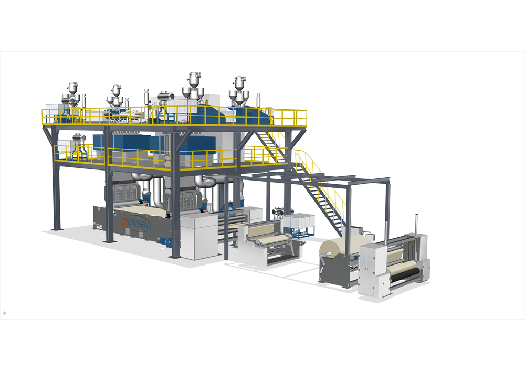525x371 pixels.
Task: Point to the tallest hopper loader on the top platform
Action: click(x=194, y=87)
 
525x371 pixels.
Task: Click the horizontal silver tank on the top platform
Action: click(x=166, y=96)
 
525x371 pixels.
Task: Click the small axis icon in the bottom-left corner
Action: click(x=5, y=313)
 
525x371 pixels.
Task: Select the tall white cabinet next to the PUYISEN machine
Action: click(x=195, y=236)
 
